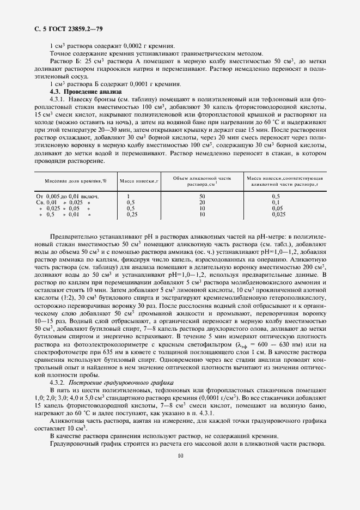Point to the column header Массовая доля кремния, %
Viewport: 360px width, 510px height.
tap(75, 180)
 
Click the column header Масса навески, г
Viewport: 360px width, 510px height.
tap(139, 180)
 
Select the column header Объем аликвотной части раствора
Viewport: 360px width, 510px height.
tap(202, 181)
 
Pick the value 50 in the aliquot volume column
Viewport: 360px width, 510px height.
tap(202, 196)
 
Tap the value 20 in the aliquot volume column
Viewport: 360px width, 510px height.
tap(202, 202)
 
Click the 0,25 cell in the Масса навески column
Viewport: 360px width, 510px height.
tap(131, 214)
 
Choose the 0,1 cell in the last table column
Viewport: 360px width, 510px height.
tap(276, 202)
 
